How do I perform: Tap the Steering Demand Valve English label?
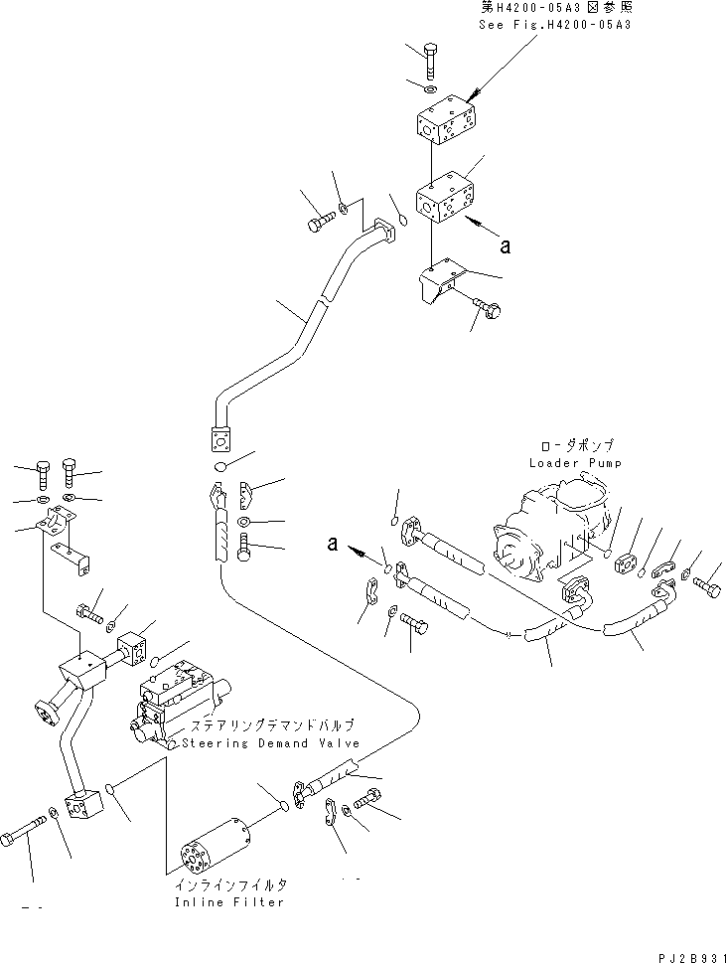[267, 742]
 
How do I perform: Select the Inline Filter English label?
[228, 902]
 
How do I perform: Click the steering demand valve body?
[179, 703]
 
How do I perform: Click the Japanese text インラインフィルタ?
[228, 885]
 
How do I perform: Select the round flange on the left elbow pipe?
[46, 713]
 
